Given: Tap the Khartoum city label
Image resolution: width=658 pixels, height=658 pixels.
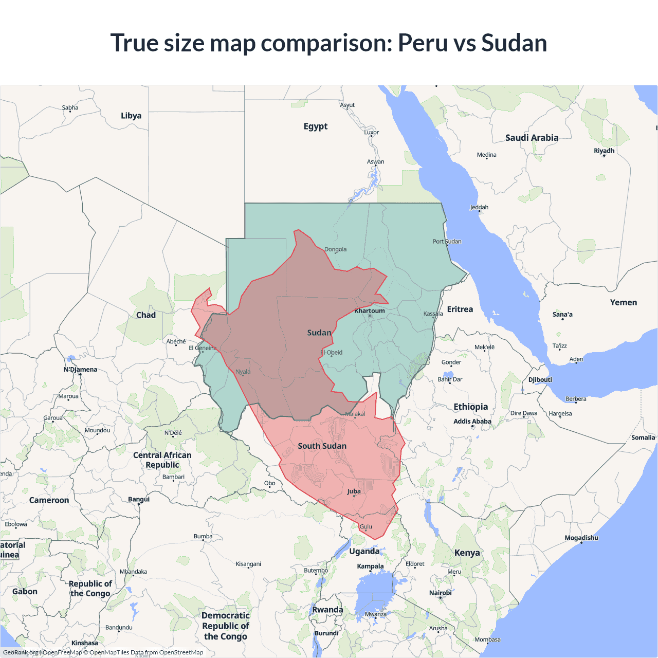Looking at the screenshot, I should pyautogui.click(x=370, y=310).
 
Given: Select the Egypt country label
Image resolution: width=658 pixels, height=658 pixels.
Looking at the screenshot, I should pyautogui.click(x=315, y=126).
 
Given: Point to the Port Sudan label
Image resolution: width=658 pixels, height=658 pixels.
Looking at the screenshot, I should pyautogui.click(x=447, y=241).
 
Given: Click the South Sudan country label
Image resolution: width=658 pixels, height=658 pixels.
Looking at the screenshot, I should pyautogui.click(x=322, y=446).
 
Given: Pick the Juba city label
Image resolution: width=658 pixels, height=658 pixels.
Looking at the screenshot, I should pyautogui.click(x=354, y=491).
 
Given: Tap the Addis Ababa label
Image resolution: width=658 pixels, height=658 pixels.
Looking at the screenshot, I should pyautogui.click(x=472, y=422).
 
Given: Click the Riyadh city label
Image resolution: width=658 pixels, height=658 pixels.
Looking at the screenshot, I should pyautogui.click(x=604, y=151).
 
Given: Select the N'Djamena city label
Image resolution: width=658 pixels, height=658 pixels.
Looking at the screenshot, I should pyautogui.click(x=80, y=370).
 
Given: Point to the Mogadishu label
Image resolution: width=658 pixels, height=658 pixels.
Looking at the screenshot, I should pyautogui.click(x=581, y=538).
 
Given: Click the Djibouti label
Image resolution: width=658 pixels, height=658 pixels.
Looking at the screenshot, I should pyautogui.click(x=540, y=380).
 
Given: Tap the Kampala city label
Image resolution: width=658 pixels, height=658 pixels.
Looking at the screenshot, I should pyautogui.click(x=370, y=566).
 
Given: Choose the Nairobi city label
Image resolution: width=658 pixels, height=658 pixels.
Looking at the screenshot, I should pyautogui.click(x=441, y=593).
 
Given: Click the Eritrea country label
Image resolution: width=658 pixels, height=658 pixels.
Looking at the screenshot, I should pyautogui.click(x=460, y=309).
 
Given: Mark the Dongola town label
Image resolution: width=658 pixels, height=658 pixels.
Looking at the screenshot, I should pyautogui.click(x=335, y=249).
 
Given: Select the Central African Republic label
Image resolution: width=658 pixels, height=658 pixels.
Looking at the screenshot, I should pyautogui.click(x=162, y=460).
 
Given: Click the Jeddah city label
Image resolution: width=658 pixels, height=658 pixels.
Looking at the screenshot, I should pyautogui.click(x=479, y=207).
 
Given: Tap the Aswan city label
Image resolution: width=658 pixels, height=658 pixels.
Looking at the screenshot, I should pyautogui.click(x=375, y=161).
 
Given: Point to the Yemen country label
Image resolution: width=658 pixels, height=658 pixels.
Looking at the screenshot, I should pyautogui.click(x=623, y=303).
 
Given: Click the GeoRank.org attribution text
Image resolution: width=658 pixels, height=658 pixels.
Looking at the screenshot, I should pyautogui.click(x=21, y=652).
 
